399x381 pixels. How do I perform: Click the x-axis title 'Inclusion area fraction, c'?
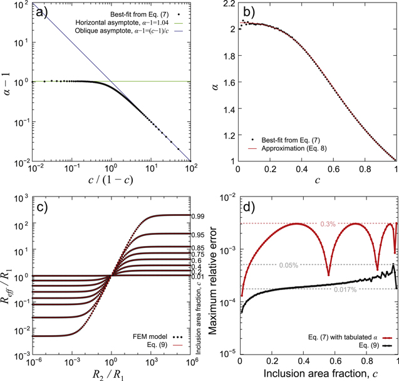coord(319,373)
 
